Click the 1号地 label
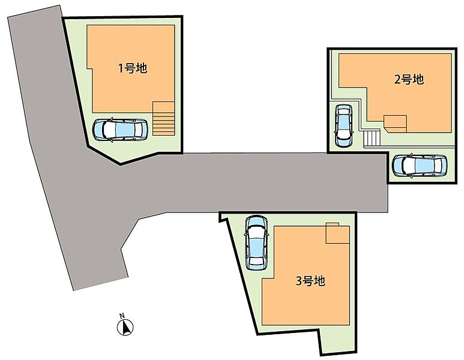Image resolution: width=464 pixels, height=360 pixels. (133, 68)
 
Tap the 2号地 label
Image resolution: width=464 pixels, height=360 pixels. (409, 79)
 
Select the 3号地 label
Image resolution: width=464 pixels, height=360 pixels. (311, 281)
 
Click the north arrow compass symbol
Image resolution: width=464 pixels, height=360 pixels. (125, 328)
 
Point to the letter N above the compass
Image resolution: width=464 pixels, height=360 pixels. (122, 316)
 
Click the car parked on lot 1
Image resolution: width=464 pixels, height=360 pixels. (120, 130)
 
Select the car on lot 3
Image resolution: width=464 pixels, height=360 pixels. (256, 242)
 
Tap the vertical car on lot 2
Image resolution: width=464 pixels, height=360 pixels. (343, 125)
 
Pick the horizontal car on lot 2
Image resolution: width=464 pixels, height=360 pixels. (420, 166)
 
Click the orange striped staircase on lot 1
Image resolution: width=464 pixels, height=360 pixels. (163, 118)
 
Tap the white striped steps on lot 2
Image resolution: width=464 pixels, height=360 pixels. (372, 139)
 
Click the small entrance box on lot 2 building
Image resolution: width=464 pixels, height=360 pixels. (396, 124)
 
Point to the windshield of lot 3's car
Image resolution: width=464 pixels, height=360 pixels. (256, 231)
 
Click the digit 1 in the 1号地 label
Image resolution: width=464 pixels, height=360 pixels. (121, 68)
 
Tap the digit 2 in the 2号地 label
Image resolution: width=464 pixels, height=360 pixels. (398, 80)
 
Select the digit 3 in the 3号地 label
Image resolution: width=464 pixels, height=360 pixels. (300, 281)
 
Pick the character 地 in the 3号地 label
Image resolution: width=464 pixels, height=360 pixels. (319, 281)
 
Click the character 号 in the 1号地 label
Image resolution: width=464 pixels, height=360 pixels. (130, 68)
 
